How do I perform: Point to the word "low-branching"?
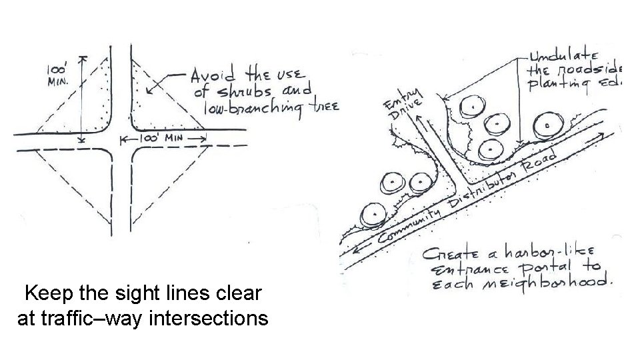point(247,107)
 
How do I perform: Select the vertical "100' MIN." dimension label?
point(57,74)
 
